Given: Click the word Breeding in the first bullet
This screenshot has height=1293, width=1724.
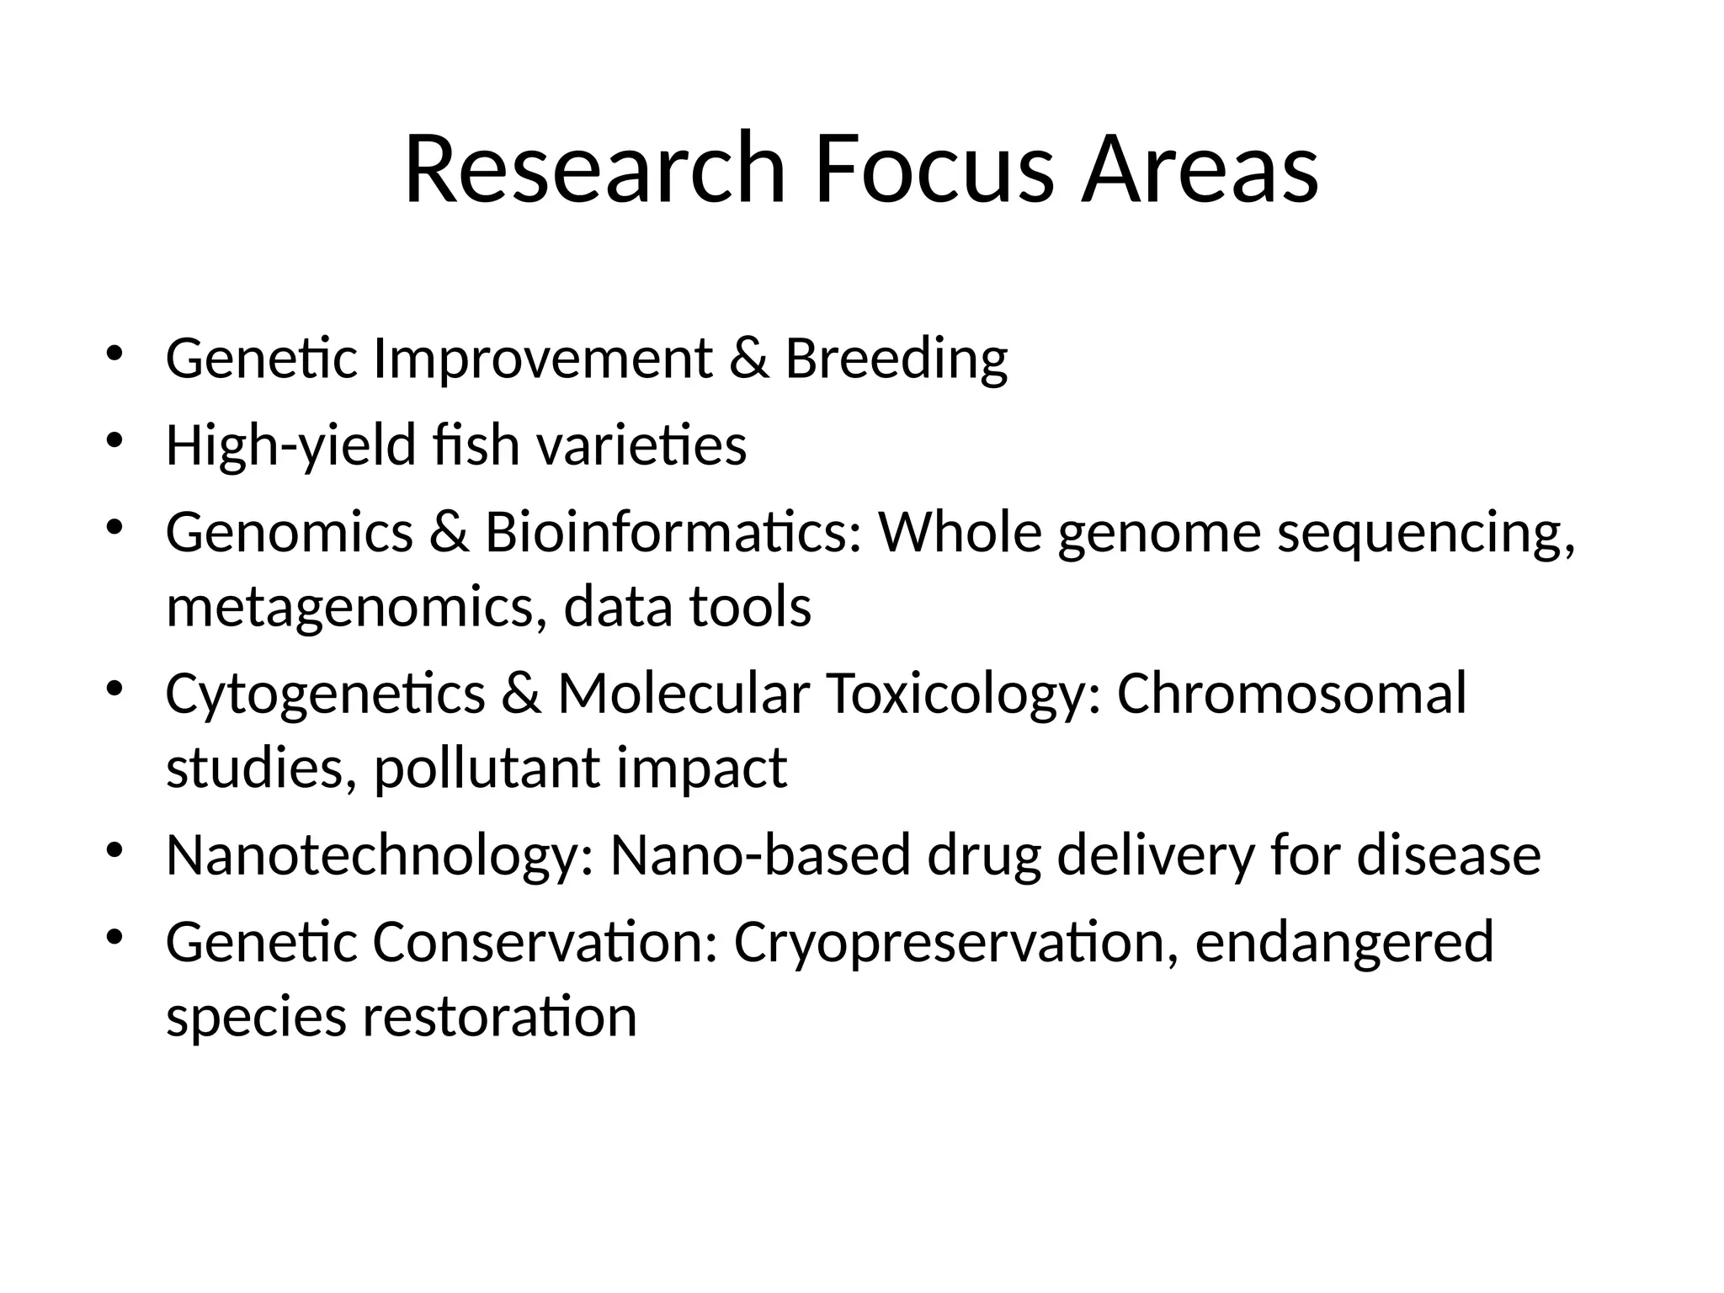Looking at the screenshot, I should [896, 359].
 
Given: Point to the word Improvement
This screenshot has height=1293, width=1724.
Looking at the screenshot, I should [543, 359].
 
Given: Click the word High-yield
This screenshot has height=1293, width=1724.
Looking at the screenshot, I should [291, 446].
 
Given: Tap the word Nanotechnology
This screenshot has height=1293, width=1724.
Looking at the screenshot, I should [380, 856].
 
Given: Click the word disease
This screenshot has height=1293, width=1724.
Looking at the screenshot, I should [1449, 855].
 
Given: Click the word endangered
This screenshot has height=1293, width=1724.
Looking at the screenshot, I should [1344, 944].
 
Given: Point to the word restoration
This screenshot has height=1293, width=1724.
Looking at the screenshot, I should [499, 1016].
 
